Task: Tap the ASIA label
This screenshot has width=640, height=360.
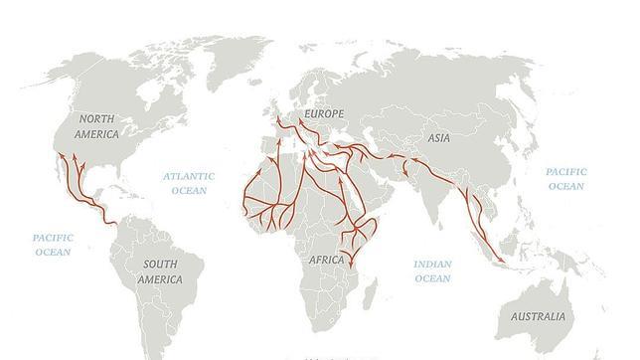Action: (438, 140)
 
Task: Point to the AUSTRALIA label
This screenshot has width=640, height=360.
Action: (538, 316)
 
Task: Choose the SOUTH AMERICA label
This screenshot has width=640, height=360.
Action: (161, 271)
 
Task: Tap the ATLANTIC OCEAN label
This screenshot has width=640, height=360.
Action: (190, 183)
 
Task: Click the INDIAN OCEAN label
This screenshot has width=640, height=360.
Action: (432, 271)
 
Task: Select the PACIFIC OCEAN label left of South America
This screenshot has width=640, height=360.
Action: (54, 245)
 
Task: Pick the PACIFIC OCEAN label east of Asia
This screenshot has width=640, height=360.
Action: (565, 179)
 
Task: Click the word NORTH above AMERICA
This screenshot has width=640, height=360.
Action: (97, 118)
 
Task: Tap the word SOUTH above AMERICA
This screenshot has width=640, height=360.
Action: (160, 264)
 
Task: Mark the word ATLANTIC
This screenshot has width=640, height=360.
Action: (190, 176)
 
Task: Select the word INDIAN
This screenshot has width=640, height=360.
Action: (432, 265)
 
